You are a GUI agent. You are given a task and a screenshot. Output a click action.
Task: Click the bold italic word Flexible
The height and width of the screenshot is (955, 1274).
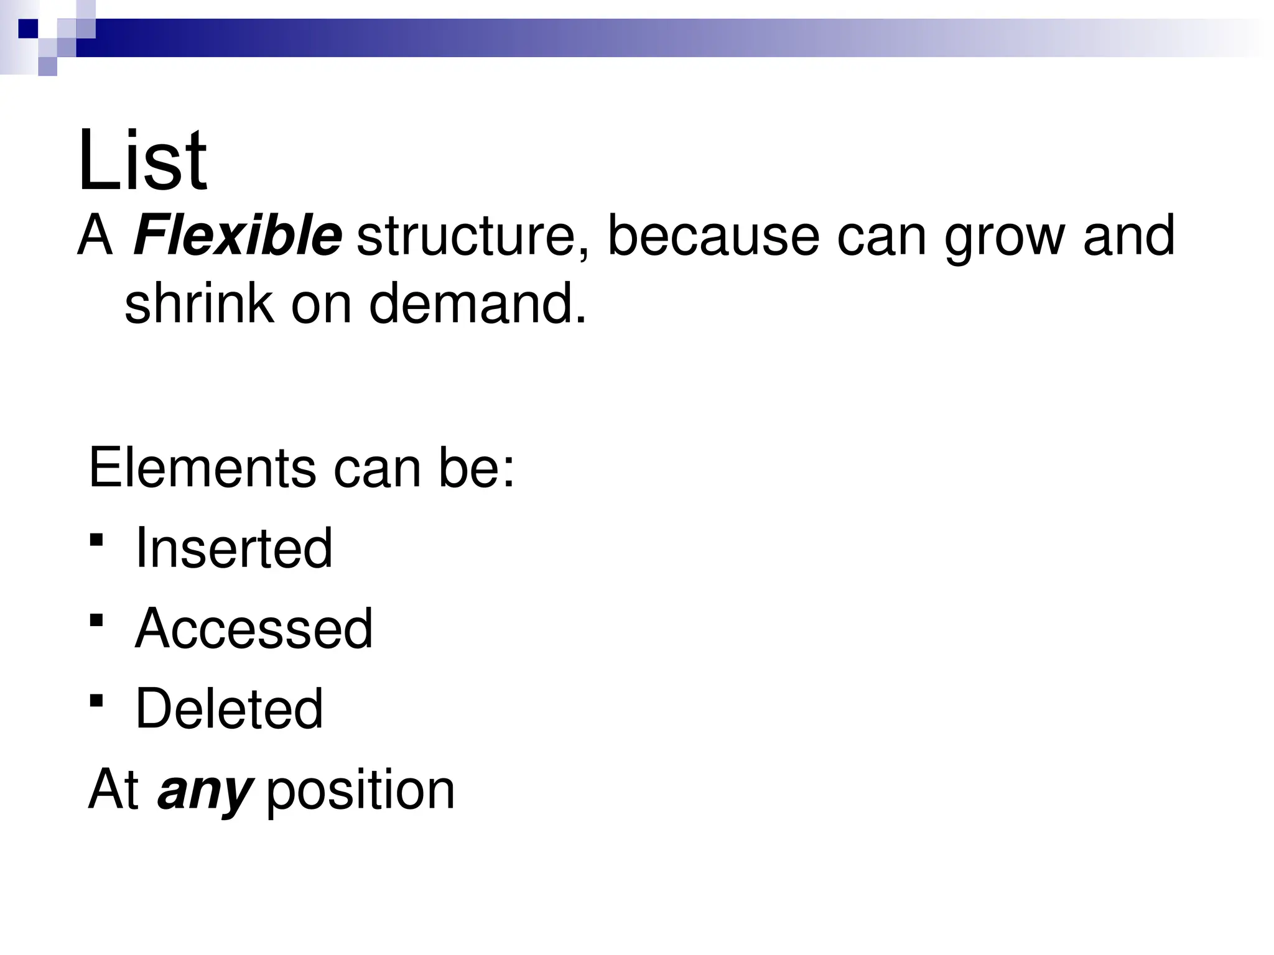(x=237, y=236)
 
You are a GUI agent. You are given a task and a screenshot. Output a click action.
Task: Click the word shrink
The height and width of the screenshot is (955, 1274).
(x=199, y=303)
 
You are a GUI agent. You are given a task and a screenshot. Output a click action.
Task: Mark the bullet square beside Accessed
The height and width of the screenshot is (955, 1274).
(x=96, y=620)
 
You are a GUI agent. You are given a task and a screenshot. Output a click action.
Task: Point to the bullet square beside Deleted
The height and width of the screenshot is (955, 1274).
(x=96, y=701)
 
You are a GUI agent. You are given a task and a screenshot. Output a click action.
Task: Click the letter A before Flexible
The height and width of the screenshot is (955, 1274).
(x=95, y=236)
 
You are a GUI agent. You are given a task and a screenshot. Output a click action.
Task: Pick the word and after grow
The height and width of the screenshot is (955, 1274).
(x=1128, y=236)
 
